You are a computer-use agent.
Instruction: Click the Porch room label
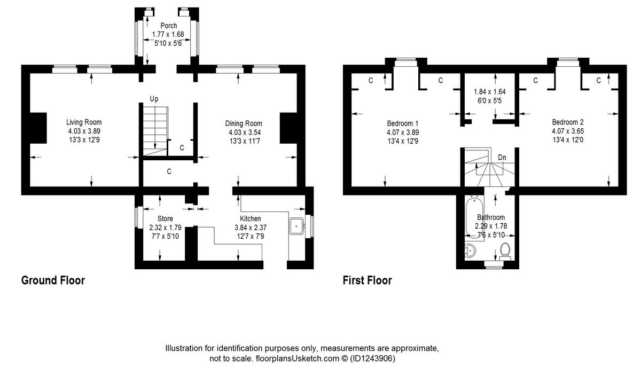point(168,26)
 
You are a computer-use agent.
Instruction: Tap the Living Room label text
point(84,122)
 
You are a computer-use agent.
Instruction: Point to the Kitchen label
point(250,219)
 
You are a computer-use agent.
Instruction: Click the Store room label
point(165,219)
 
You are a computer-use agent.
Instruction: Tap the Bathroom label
point(491,217)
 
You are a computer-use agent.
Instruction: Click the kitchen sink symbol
point(296,226)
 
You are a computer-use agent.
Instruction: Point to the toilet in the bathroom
point(505,249)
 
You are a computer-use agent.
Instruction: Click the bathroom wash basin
point(470,250)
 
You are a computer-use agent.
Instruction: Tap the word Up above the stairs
point(154,99)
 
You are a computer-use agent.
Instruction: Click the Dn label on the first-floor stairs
point(502,158)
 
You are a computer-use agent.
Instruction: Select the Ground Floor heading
point(53,280)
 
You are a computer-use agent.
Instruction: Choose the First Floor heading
point(368,280)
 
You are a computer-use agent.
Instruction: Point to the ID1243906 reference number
point(373,358)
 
